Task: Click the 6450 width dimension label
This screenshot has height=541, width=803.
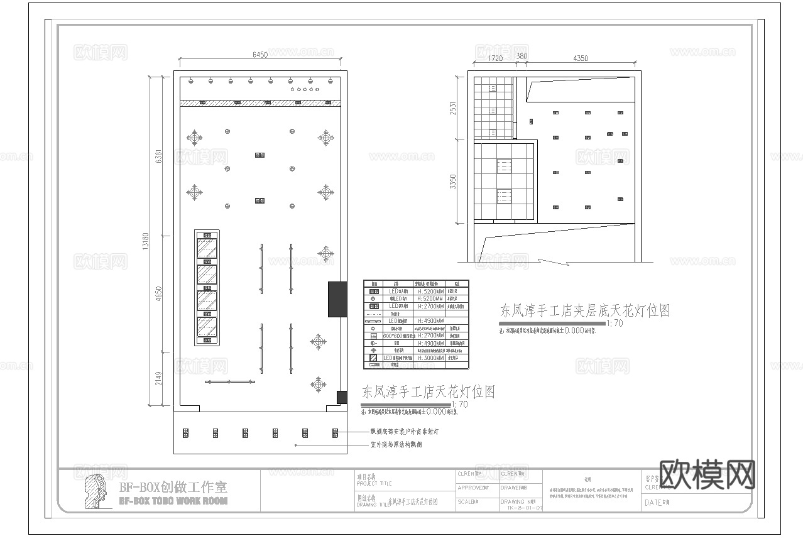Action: [260, 55]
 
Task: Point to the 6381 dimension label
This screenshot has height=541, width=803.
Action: [158, 156]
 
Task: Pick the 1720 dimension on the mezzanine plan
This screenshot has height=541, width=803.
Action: [495, 58]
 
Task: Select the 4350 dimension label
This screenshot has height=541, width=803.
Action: [580, 58]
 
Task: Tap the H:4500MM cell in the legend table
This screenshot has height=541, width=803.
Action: [430, 321]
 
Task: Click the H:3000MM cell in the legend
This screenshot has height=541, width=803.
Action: [430, 358]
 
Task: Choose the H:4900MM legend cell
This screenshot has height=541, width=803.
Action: [430, 344]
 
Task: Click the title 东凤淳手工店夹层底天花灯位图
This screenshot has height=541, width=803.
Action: [584, 310]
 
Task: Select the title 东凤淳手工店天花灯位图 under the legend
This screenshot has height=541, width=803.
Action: [428, 393]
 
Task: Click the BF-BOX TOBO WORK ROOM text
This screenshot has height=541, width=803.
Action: [173, 501]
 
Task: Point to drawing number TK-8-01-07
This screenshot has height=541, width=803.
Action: [521, 508]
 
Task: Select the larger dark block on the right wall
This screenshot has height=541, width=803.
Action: [337, 299]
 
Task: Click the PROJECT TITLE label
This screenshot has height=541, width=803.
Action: [375, 483]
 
